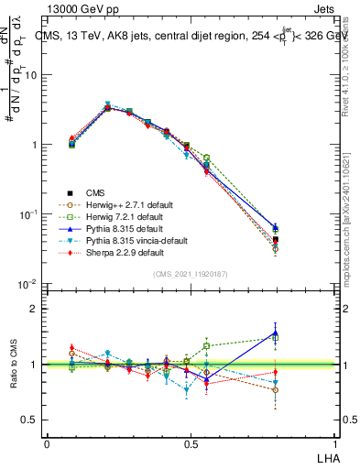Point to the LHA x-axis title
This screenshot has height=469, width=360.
tap(327, 456)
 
